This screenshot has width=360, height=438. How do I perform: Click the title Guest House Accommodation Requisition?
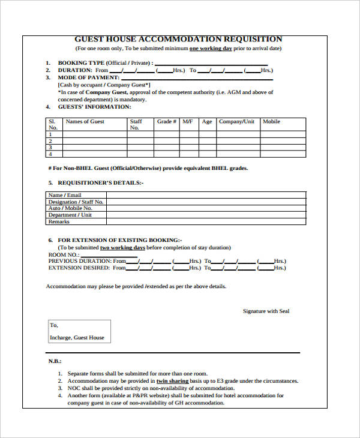pos(178,39)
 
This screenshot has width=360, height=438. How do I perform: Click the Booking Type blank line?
pos(211,63)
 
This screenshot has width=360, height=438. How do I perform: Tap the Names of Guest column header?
pos(85,122)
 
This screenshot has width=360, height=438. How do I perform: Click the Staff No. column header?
pos(136,124)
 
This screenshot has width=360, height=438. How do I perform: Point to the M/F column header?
pos(188,122)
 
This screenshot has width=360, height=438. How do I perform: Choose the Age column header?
pos(207,122)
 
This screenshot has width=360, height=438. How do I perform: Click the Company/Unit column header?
pos(236,122)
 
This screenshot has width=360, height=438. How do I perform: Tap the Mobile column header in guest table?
pos(271,122)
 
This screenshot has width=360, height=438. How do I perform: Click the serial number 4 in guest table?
pos(50,154)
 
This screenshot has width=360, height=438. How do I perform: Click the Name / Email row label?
pos(65,195)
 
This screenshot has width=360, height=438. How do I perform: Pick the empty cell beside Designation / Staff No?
pos(206,202)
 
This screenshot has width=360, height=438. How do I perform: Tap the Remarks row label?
pos(59,221)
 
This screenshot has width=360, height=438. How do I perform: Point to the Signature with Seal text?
pos(266,311)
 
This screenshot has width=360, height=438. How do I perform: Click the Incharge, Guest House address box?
pos(77,332)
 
